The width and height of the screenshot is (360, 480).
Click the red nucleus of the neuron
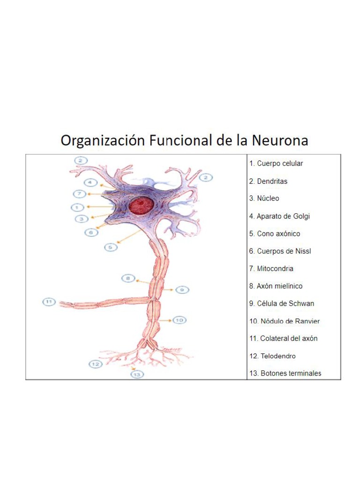[x=141, y=205]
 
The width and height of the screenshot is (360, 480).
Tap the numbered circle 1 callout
[x=78, y=207]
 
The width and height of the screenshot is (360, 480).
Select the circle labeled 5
[x=111, y=247]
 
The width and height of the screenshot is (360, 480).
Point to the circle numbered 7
[x=80, y=194]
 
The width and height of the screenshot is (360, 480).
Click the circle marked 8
[x=128, y=278]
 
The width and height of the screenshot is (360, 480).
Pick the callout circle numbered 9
[x=182, y=290]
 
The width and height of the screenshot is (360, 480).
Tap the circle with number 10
[x=179, y=320]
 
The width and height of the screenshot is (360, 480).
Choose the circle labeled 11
[x=49, y=301]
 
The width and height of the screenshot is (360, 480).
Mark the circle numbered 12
[x=96, y=364]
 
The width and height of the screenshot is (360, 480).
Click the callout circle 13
[x=137, y=375]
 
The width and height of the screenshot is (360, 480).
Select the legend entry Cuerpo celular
[x=276, y=164]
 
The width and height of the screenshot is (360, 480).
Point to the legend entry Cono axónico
[x=275, y=233]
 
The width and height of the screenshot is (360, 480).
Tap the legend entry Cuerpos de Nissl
[x=280, y=251]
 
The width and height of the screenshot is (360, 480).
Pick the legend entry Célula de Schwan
[x=282, y=303]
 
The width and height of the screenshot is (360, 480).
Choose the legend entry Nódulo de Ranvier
[x=285, y=321]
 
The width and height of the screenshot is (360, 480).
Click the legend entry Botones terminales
[x=285, y=373]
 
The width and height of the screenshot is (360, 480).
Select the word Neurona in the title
[x=280, y=140]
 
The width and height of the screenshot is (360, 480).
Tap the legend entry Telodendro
[x=272, y=356]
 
